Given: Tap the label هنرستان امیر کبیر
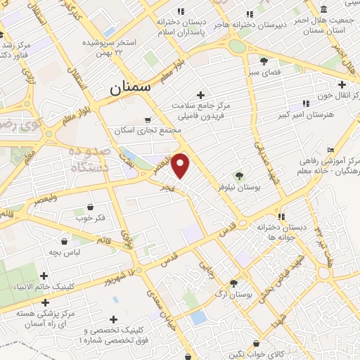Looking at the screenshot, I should click(303, 114).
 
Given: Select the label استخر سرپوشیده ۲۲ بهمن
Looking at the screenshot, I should click(112, 46).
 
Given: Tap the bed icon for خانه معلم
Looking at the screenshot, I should click(331, 149).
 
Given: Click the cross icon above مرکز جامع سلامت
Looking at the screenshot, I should click(200, 95).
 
